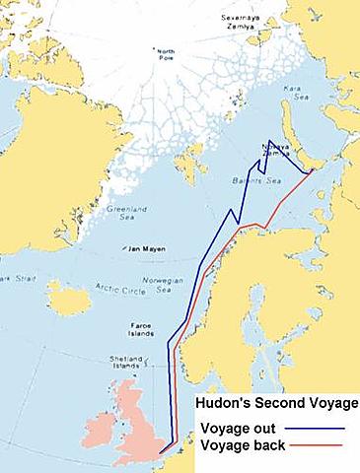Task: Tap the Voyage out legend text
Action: (x=243, y=429)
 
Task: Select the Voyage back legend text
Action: (x=246, y=445)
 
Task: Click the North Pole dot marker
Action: (x=164, y=66)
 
